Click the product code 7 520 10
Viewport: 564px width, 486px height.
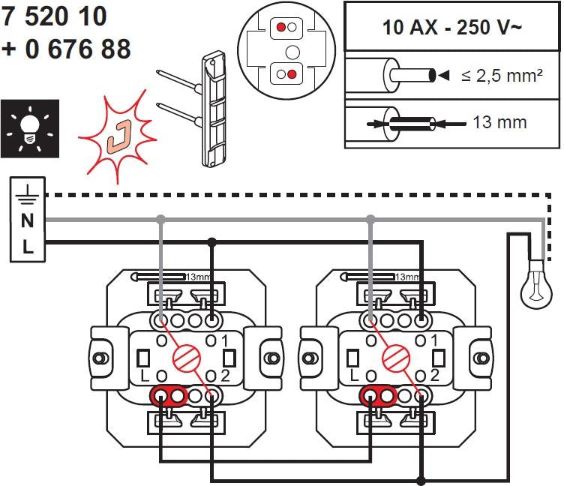point(55,16)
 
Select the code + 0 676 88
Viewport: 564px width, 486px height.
point(67,49)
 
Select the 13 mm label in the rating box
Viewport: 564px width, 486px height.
point(499,121)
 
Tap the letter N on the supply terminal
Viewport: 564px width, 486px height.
point(28,220)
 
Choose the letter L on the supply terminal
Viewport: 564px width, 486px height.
point(28,247)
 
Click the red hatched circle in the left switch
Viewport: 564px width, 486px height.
point(184,353)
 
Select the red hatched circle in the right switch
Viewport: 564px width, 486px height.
point(394,353)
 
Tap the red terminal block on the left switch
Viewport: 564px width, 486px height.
point(169,394)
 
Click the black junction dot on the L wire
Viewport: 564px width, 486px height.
point(212,242)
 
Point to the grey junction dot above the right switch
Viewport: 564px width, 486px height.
point(370,219)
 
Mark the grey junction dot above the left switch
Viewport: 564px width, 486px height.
point(160,219)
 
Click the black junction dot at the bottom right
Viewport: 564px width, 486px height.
point(422,480)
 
